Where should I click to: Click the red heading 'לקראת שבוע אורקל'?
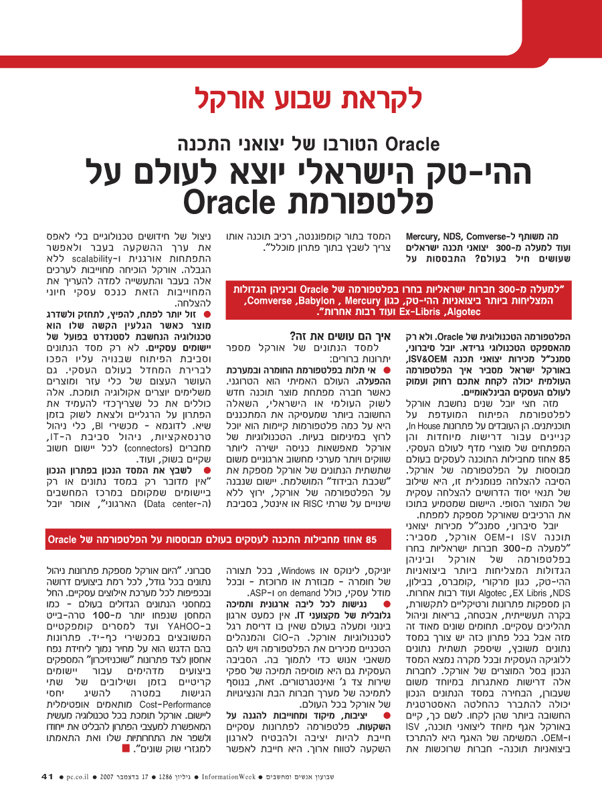point(308,99)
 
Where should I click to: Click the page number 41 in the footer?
point(47,777)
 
